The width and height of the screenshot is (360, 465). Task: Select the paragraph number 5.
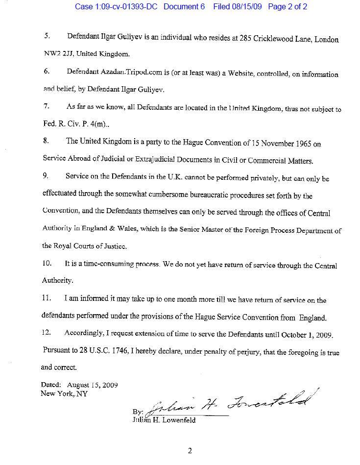pos(47,37)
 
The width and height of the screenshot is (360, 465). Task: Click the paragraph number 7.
pos(47,106)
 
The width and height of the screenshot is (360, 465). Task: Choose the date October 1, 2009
pos(307,335)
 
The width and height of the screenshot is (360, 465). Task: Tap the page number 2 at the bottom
pos(190,451)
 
